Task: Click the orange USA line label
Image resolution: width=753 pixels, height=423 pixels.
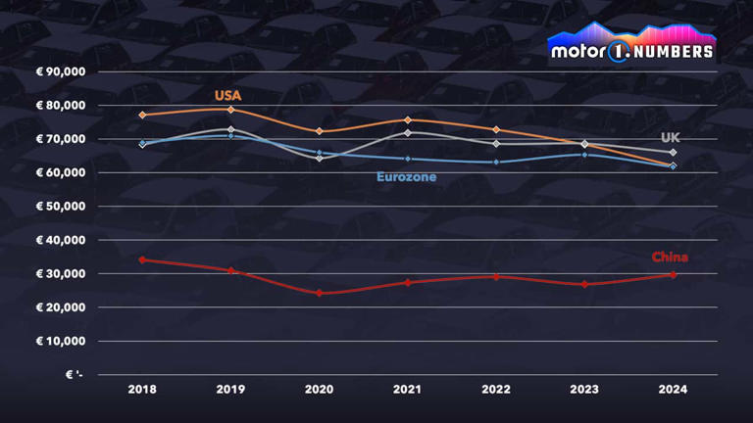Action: coord(228,96)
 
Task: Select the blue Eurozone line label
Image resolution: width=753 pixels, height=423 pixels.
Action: coord(406,177)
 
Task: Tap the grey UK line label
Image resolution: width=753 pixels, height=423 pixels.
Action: coord(670,138)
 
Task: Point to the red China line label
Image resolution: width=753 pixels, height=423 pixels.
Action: coord(670,258)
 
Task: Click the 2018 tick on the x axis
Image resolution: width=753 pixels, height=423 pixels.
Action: coord(142,389)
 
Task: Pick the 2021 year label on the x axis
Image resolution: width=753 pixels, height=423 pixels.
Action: coord(408,389)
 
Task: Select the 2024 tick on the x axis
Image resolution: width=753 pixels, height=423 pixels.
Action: coord(673,389)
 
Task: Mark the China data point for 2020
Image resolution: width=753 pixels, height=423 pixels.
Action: coord(320,293)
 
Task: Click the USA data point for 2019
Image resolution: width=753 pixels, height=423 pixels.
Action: coord(231,109)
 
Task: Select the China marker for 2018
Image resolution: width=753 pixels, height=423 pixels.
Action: coord(142,259)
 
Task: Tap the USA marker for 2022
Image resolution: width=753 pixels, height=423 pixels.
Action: coord(496,129)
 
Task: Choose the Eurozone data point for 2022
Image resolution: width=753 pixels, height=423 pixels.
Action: coord(496,162)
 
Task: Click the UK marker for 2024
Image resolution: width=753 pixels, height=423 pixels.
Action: coord(673,152)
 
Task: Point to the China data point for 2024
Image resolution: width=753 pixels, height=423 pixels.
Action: coord(673,274)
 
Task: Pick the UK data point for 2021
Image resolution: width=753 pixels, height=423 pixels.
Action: coord(408,132)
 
